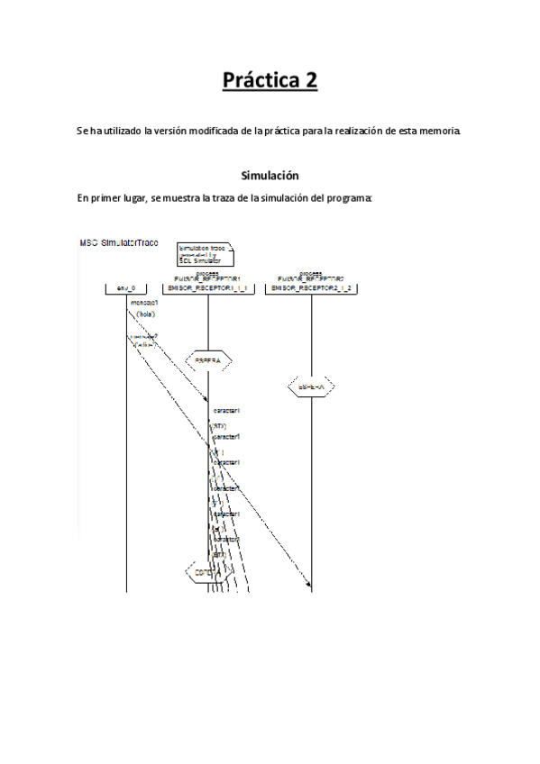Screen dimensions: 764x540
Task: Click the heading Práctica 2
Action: pos(270,81)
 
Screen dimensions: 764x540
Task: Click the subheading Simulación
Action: pos(270,175)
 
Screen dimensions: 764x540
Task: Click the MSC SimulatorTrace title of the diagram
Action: pos(118,244)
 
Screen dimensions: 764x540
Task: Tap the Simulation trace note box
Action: pos(204,253)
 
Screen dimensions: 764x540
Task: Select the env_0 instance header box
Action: pos(126,288)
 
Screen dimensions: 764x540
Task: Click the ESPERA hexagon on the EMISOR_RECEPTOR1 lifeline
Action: pos(208,359)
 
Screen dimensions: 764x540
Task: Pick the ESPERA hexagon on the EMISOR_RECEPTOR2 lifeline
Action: pos(312,387)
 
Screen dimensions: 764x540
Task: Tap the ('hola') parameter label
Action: pos(146,314)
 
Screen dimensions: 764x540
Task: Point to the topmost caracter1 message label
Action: pos(225,412)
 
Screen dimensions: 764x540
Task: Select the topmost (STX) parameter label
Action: pos(219,425)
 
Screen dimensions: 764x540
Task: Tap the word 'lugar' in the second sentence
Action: pos(136,198)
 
